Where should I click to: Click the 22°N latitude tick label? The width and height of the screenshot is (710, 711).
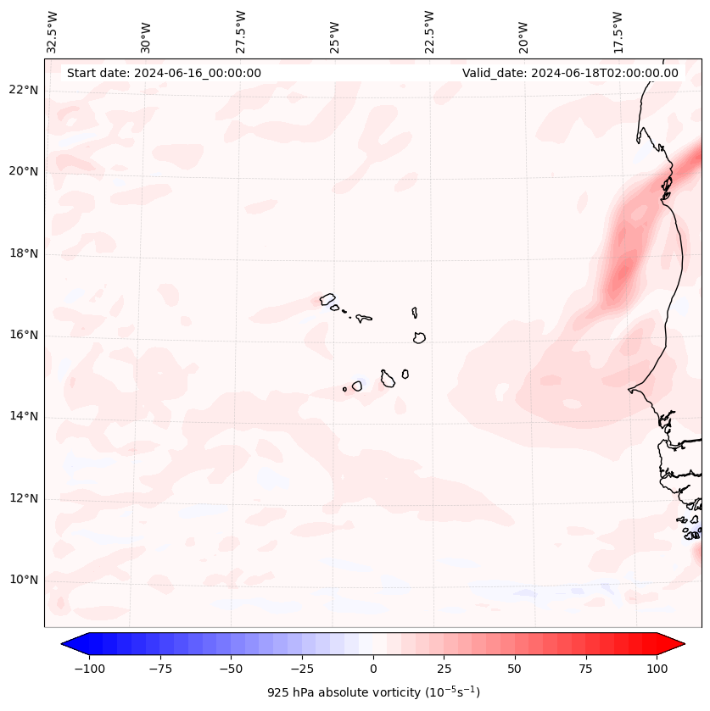23,90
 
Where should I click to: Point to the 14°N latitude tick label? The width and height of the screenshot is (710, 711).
23,416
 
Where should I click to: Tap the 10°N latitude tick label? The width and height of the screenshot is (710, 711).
23,580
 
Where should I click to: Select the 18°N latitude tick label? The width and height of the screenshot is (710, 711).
23,253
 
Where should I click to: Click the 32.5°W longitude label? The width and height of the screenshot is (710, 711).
53,31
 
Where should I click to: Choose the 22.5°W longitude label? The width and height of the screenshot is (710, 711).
430,31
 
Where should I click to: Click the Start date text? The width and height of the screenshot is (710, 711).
164,73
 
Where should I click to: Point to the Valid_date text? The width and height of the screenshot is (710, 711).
570,73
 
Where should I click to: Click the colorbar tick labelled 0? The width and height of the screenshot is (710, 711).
373,669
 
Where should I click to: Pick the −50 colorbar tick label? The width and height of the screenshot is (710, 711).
230,669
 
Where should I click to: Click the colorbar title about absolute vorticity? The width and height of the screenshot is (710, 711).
373,692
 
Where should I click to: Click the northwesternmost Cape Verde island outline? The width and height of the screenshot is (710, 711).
327,298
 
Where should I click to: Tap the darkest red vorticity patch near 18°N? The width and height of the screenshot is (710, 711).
625,273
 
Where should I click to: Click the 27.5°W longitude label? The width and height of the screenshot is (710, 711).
242,31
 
